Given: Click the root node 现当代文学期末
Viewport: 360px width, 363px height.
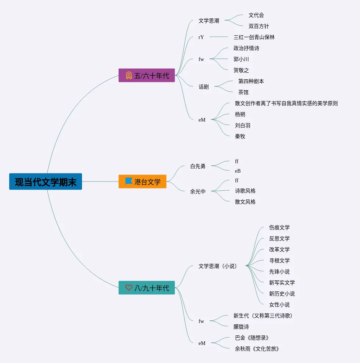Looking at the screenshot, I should coord(46,182).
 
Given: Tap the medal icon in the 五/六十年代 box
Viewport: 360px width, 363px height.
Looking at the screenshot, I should coord(129,75).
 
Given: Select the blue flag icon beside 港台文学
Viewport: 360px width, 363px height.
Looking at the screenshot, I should coord(128,181).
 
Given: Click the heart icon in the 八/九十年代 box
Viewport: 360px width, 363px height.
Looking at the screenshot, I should coord(129,288).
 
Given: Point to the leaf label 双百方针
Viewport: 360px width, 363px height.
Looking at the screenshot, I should coord(259,26).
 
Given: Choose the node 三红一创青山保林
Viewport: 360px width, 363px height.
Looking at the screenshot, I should coord(254,37).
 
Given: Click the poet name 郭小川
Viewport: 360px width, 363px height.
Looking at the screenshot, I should coord(241,59).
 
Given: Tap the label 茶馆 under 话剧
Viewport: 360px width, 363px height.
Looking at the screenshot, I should coord(243,92).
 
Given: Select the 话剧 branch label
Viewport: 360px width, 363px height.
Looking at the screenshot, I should coord(203,87).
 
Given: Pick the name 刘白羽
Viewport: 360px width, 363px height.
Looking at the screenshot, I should coord(243,125).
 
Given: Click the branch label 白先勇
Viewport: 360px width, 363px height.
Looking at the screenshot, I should coord(198,166).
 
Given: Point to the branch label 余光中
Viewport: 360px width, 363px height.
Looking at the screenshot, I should coord(198,191).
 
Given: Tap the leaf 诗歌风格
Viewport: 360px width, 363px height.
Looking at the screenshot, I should coord(245,191).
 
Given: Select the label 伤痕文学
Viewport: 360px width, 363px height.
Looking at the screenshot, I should coord(279,227).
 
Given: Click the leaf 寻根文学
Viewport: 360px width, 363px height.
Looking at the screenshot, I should coord(279,260).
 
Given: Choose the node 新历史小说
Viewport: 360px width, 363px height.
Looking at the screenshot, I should coord(282,294).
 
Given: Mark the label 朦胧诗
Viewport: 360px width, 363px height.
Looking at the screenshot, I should coord(241,327).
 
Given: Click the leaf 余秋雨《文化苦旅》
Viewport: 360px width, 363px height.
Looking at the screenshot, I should coord(257,349).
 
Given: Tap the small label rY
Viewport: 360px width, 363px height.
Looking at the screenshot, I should coord(201,37).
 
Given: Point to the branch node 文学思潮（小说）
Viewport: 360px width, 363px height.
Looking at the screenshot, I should coord(218,266).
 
